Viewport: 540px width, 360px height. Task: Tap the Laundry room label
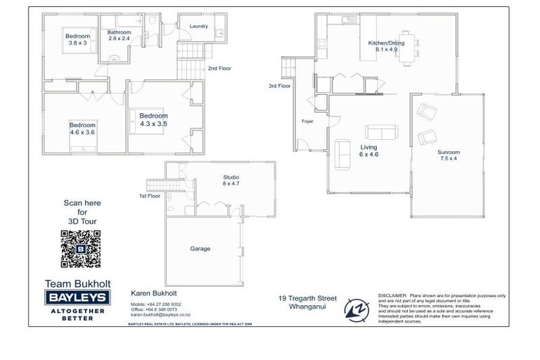click(199, 26)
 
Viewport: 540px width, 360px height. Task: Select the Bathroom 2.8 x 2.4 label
click(119, 36)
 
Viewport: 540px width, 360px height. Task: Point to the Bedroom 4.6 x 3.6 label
click(82, 128)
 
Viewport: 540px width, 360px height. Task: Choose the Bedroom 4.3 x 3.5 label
click(153, 120)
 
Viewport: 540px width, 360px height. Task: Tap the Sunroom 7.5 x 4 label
click(448, 155)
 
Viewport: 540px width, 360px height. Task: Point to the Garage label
click(200, 248)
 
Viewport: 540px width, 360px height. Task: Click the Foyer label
click(307, 122)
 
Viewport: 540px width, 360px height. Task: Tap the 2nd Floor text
click(219, 68)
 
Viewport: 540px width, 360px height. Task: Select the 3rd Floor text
click(279, 86)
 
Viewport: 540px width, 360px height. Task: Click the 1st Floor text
click(150, 196)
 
